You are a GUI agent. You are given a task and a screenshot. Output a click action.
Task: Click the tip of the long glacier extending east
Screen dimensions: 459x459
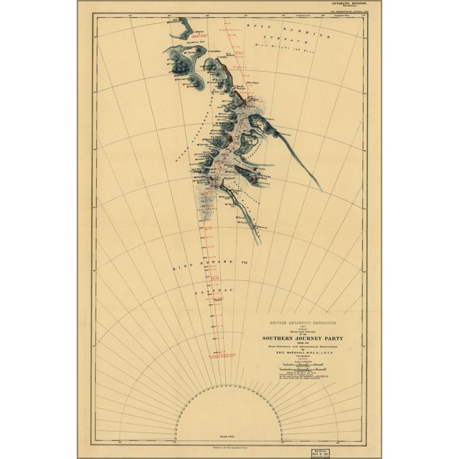321,190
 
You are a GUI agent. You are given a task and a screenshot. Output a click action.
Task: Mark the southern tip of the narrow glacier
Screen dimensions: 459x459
258,244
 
